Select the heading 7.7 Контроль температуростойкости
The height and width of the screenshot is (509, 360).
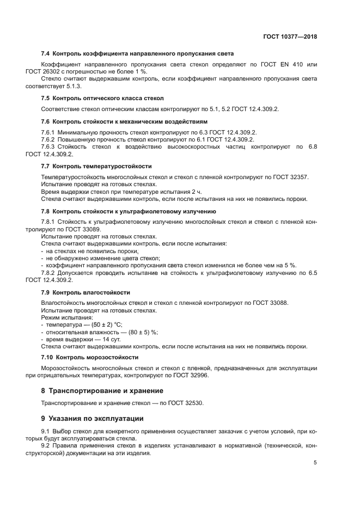tap(96, 165)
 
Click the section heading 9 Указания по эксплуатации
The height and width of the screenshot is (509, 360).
tap(93, 419)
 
